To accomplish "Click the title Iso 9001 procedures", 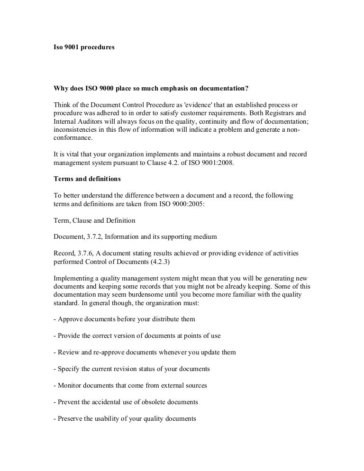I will (x=83, y=48).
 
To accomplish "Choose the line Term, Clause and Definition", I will (x=94, y=220).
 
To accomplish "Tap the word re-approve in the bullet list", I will (x=102, y=353).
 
